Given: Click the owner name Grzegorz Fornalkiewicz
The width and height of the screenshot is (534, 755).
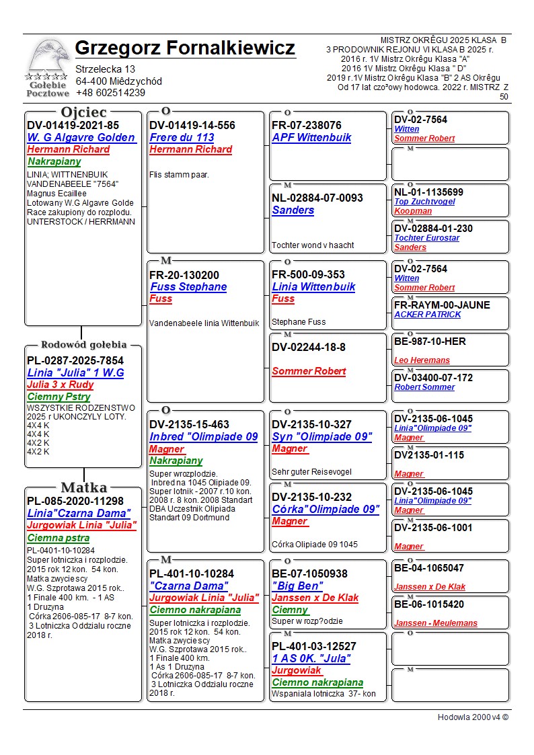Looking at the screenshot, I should [185, 48].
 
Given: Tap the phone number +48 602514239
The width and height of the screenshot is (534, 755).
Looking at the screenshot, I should [110, 93].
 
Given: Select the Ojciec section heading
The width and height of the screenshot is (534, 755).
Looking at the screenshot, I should [83, 112].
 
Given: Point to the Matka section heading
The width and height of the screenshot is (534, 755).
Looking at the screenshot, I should [83, 487].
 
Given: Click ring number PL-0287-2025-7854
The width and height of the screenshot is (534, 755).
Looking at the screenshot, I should [75, 360].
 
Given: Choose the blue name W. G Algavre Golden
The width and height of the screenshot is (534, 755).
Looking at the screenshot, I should [81, 137].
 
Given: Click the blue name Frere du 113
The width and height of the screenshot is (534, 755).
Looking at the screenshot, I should [182, 137].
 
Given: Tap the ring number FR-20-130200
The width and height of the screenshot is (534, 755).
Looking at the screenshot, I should [184, 275].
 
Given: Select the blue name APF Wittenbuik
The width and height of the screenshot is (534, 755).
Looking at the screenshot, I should [311, 137].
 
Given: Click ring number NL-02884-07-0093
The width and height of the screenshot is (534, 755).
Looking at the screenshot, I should [317, 198].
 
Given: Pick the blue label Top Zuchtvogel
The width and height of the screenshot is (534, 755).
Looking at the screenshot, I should [424, 202].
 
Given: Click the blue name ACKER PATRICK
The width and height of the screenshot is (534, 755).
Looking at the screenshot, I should [427, 315].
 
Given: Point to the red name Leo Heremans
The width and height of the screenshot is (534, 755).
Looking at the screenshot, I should [422, 360].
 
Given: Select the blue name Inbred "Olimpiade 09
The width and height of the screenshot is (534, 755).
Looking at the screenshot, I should [203, 436].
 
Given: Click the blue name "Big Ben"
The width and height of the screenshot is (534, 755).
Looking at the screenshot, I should [297, 586].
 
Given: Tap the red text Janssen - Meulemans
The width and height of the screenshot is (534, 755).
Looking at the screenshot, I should [435, 623].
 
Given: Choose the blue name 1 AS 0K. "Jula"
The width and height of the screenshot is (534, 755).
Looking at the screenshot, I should [311, 658].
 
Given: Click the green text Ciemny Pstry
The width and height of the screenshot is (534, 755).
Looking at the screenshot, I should [59, 397].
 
